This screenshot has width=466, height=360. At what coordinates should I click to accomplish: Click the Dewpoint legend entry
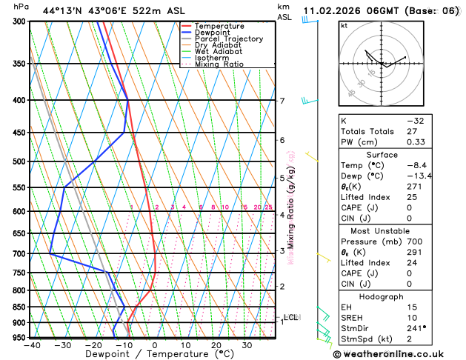click(219, 33)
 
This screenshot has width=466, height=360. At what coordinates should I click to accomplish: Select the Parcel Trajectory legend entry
click(228, 39)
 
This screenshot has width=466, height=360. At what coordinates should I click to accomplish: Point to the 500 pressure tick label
click(19, 161)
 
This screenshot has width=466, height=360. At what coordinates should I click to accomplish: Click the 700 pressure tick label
click(19, 254)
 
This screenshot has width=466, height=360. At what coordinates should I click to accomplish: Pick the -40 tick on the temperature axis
click(32, 345)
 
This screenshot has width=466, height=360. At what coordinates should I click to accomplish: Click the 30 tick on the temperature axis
click(247, 345)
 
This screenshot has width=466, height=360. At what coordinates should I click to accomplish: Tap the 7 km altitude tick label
click(282, 101)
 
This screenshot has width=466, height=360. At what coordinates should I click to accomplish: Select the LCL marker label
click(290, 317)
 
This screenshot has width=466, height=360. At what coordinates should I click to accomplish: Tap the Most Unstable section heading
click(397, 231)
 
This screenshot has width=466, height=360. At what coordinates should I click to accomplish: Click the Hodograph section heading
click(397, 296)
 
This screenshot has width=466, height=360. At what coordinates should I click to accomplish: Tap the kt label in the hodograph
click(344, 26)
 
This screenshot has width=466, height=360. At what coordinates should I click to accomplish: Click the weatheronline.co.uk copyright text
click(398, 354)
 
